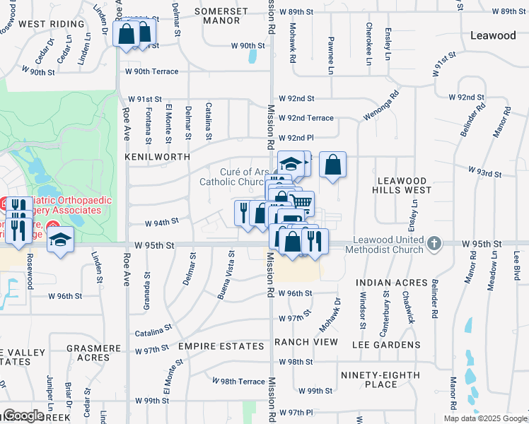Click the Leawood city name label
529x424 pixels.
pos(493,35)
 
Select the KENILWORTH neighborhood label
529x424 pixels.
pos(157,155)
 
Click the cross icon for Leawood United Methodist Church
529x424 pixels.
pos(435,245)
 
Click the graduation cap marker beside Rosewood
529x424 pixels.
pos(61,238)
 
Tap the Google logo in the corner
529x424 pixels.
pos(23,415)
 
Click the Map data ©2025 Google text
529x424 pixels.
pos(485,418)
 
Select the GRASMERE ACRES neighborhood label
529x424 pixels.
pos(95,353)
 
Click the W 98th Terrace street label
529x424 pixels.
pos(242,381)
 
